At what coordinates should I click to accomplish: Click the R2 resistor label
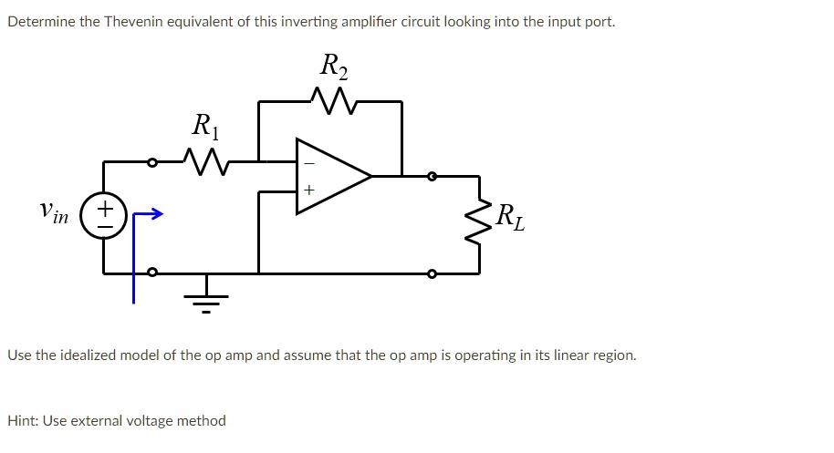[334, 67]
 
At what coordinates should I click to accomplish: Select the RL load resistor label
[511, 219]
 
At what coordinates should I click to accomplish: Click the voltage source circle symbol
[104, 216]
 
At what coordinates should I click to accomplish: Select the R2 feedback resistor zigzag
[331, 98]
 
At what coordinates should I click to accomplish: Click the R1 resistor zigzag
[205, 161]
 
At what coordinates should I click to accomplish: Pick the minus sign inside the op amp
[308, 163]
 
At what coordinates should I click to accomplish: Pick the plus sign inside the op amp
[308, 190]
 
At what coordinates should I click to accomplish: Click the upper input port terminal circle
[152, 162]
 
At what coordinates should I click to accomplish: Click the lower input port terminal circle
[152, 272]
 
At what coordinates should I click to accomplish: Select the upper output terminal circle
[433, 176]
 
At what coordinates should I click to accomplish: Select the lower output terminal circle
[433, 273]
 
